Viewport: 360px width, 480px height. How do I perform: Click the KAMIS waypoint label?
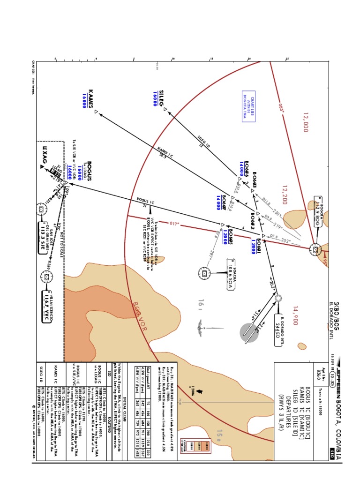tap(90, 98)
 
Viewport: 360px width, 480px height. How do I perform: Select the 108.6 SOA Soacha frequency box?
tap(230, 274)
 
